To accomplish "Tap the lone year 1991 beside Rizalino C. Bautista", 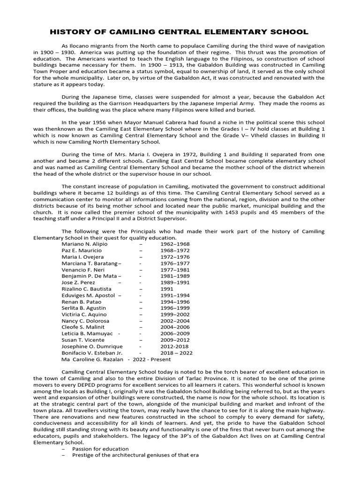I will click(x=167, y=289).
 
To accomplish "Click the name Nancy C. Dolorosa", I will click(x=83, y=321).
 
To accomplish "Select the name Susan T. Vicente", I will click(x=81, y=340).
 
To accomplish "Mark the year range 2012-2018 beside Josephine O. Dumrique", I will click(x=174, y=346).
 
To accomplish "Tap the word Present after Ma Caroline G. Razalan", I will click(x=160, y=359).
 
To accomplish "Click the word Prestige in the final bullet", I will click(x=82, y=455).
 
